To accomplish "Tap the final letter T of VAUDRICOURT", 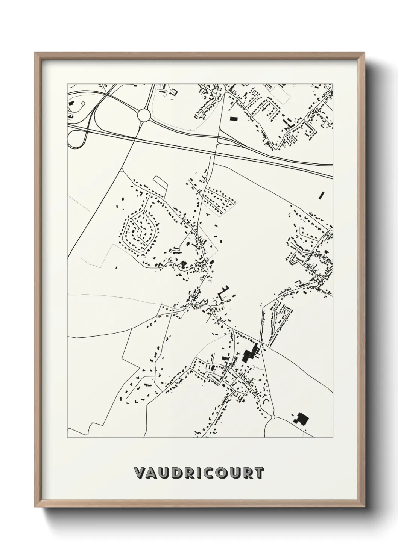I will click(258, 473).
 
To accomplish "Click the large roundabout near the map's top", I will click(144, 115).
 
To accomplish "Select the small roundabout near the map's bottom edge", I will click(273, 417).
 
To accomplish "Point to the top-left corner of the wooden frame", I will click(35, 53).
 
